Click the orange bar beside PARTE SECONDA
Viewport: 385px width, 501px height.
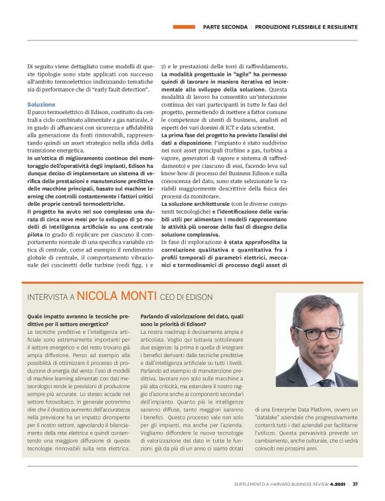click(x=183, y=27)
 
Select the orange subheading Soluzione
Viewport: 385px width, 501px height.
click(x=41, y=105)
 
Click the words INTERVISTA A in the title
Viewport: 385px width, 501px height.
click(x=50, y=295)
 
